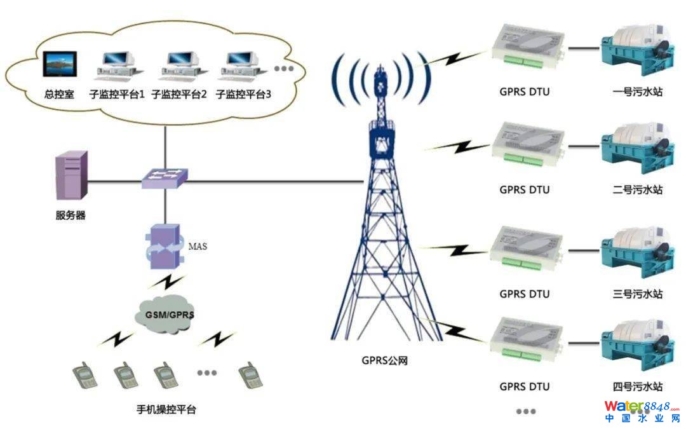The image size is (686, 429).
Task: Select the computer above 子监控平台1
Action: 116,66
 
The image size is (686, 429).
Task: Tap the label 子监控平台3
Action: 243,95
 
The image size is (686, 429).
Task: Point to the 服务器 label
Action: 70,215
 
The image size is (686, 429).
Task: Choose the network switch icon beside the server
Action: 164,179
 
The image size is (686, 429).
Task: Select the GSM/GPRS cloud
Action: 166,313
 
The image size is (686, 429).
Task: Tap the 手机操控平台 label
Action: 166,409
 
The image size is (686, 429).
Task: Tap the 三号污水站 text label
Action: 637,294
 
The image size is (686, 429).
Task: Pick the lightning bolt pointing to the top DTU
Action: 455,58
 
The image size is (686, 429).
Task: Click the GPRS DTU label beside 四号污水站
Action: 524,386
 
